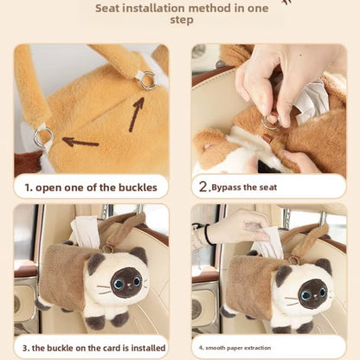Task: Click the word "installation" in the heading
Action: (146, 9)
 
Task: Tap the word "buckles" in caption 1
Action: (138, 188)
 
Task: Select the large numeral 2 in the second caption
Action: (203, 187)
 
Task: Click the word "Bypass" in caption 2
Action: (226, 188)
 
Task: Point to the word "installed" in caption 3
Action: (148, 348)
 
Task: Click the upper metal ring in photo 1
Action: (148, 80)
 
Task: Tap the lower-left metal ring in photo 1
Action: (43, 138)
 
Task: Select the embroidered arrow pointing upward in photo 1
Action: (136, 114)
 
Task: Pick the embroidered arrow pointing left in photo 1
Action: (80, 142)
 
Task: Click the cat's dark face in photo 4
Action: (312, 293)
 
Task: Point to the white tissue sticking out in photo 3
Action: (85, 231)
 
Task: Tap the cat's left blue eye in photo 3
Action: (118, 285)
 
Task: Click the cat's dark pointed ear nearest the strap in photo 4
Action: (324, 266)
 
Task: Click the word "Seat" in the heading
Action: (107, 9)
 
